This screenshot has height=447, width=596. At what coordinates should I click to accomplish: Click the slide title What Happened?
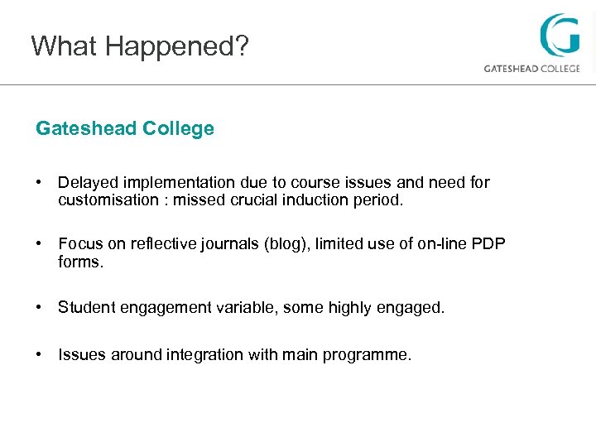click(x=139, y=46)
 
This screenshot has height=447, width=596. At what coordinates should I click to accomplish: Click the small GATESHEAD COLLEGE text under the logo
click(x=531, y=69)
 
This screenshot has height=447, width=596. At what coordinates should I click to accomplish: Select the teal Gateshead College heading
click(x=125, y=129)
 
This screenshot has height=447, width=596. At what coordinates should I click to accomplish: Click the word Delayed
click(x=87, y=182)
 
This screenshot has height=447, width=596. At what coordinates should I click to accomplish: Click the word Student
click(x=87, y=307)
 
